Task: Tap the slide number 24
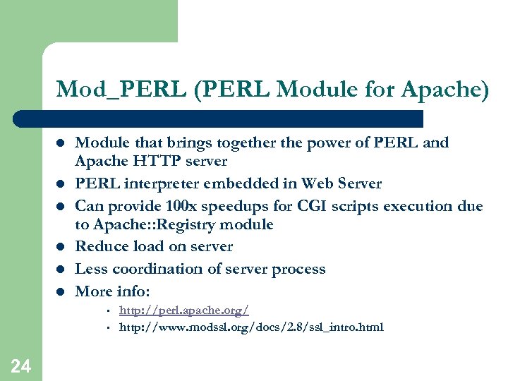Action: pyautogui.click(x=21, y=365)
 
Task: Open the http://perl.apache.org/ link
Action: pyautogui.click(x=183, y=310)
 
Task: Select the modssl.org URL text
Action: pyautogui.click(x=251, y=327)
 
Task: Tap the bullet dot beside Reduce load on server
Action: pyautogui.click(x=61, y=247)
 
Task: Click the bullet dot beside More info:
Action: pyautogui.click(x=61, y=291)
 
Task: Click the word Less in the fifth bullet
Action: pyautogui.click(x=90, y=269)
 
